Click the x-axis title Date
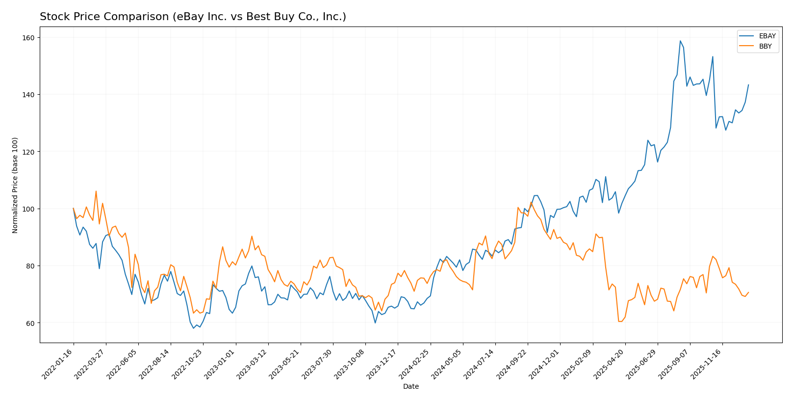pyautogui.click(x=410, y=386)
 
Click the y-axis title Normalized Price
pyautogui.click(x=15, y=185)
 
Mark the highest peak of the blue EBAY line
pyautogui.click(x=680, y=41)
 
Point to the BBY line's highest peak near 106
pyautogui.click(x=96, y=191)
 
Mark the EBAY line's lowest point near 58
pyautogui.click(x=193, y=328)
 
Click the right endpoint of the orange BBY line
pyautogui.click(x=748, y=292)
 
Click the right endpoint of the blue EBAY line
pyautogui.click(x=748, y=84)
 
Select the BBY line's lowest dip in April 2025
pyautogui.click(x=620, y=322)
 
